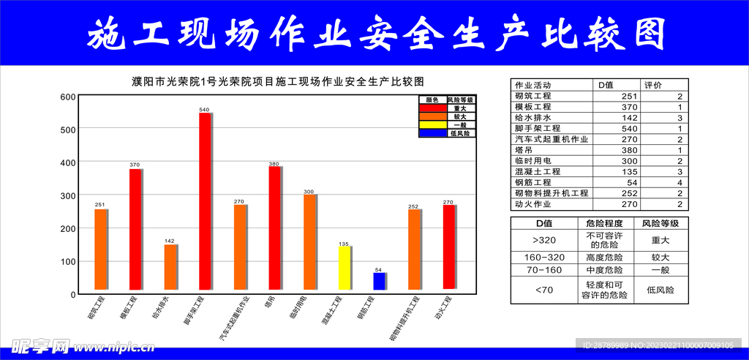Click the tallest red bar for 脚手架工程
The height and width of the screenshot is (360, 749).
[205, 201]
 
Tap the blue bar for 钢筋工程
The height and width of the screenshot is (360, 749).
[379, 281]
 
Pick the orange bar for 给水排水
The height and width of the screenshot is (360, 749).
[170, 267]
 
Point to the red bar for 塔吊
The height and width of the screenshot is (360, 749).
[274, 228]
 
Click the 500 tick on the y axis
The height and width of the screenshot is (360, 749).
[68, 130]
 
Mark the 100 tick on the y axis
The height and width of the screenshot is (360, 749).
[68, 261]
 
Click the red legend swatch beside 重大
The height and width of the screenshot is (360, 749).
[432, 108]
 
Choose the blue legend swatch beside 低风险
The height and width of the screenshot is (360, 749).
[432, 133]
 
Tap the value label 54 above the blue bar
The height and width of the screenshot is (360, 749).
[378, 270]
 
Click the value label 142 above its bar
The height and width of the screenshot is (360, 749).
[169, 241]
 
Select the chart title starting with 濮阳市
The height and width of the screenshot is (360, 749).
[278, 81]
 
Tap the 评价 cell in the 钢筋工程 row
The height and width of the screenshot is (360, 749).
[680, 182]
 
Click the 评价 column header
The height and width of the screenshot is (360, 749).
[652, 85]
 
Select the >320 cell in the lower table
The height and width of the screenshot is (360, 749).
[544, 239]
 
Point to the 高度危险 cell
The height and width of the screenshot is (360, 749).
[604, 258]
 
